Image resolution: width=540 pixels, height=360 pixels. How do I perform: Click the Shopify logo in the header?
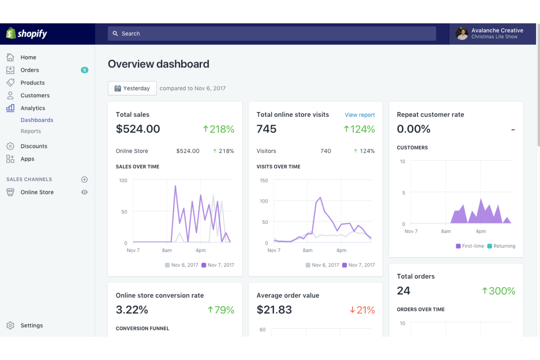point(27,34)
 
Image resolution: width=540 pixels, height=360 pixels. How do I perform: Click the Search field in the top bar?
point(272,34)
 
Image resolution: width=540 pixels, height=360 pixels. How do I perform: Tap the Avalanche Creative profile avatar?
point(462,34)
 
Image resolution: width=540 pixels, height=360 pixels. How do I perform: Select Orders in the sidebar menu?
point(30,70)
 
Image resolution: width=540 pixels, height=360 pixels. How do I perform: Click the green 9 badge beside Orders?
point(84,70)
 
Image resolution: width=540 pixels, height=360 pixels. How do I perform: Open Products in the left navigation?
point(32,83)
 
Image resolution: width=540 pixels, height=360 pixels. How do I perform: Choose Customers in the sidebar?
point(35,96)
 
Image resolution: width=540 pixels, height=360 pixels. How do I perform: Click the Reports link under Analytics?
point(31,131)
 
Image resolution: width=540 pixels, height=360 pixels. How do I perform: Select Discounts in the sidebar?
point(34,146)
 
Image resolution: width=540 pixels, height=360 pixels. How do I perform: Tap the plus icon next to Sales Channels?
point(84,179)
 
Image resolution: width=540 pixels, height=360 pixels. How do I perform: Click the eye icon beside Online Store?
point(84,192)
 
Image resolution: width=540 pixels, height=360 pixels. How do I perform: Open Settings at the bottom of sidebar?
point(31,325)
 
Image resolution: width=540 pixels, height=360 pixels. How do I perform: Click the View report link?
point(360,115)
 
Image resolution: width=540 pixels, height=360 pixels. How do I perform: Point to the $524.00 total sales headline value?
point(138,129)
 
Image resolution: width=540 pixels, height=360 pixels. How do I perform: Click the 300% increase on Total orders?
point(498,291)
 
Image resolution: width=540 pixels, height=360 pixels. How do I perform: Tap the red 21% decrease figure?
point(362,310)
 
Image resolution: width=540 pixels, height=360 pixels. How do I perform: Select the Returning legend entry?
point(501,246)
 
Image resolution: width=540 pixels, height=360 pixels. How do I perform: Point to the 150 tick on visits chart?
point(264,181)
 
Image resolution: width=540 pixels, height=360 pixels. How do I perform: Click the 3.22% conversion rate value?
point(132,310)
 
